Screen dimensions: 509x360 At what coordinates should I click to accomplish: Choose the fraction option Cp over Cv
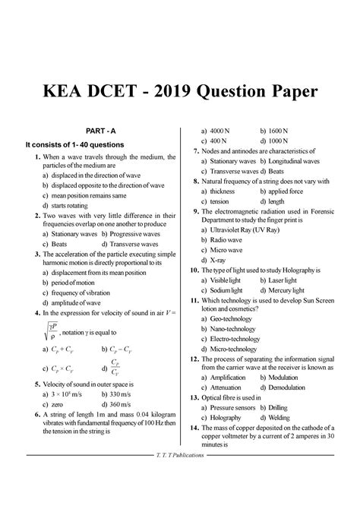point(115,367)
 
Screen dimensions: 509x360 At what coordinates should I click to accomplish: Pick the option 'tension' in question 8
point(219,202)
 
